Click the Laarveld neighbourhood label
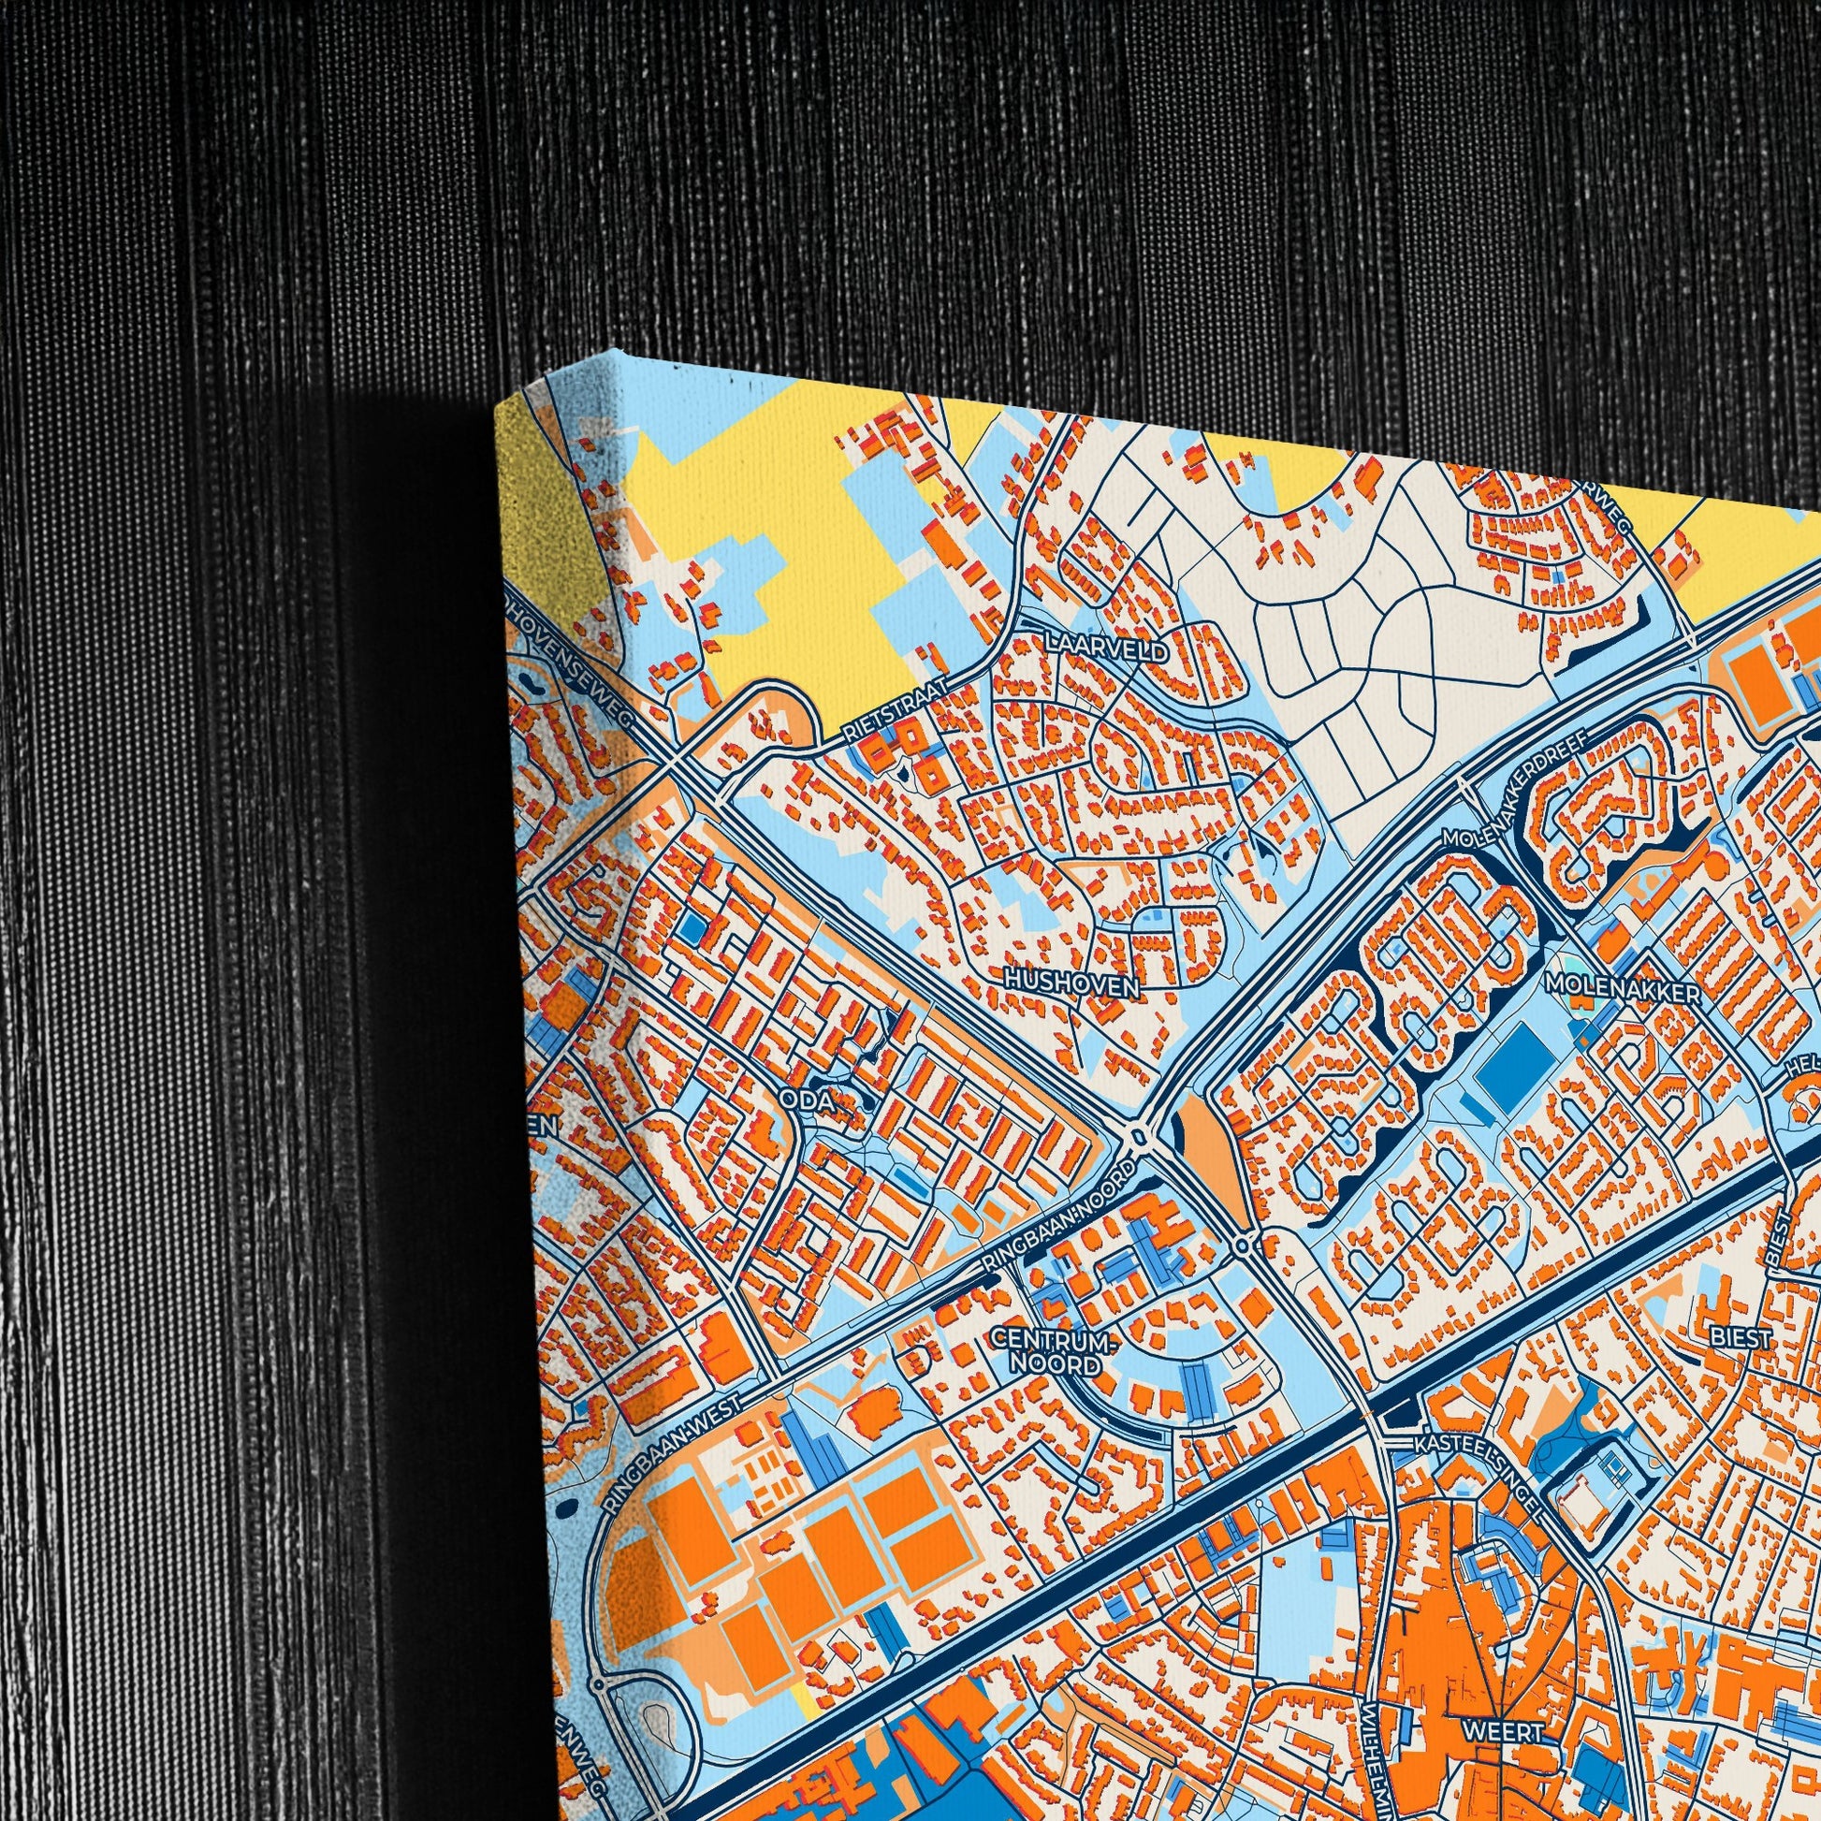1107,650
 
